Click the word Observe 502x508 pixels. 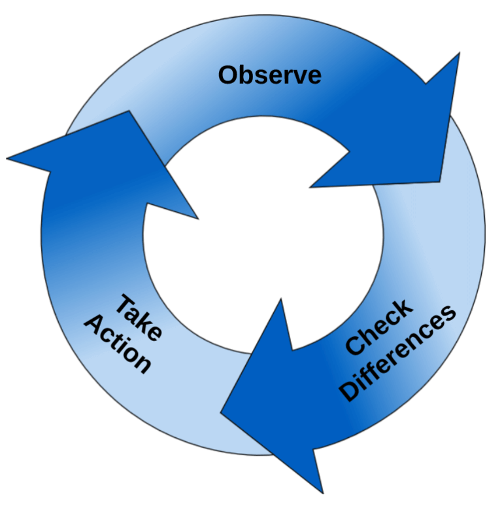click(269, 75)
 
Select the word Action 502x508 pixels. click(118, 344)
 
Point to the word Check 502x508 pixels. click(379, 327)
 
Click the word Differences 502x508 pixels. click(399, 354)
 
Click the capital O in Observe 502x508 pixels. click(228, 75)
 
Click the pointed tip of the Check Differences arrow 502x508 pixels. click(222, 412)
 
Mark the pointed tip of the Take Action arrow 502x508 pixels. click(129, 113)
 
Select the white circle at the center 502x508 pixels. click(261, 236)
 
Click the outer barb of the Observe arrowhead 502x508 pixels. click(458, 55)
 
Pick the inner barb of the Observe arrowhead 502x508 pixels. click(312, 187)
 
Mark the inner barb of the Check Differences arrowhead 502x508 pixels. click(281, 300)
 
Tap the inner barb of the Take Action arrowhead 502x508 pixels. click(197, 218)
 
